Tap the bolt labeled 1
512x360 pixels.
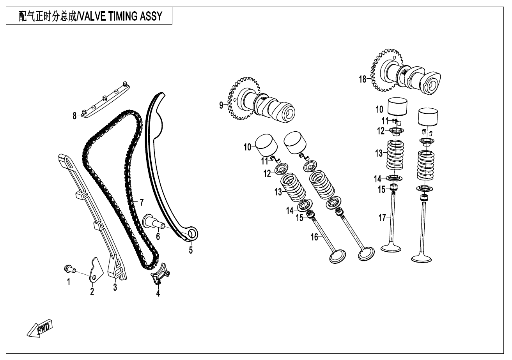pyautogui.click(x=69, y=268)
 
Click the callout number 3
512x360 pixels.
pyautogui.click(x=115, y=288)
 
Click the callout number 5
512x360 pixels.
pyautogui.click(x=191, y=250)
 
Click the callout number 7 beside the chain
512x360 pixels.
pyautogui.click(x=141, y=203)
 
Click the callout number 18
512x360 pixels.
pyautogui.click(x=363, y=79)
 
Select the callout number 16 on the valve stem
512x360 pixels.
pyautogui.click(x=314, y=236)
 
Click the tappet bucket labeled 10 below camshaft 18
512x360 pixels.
pyautogui.click(x=398, y=106)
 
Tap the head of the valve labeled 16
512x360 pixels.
pyautogui.click(x=338, y=256)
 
